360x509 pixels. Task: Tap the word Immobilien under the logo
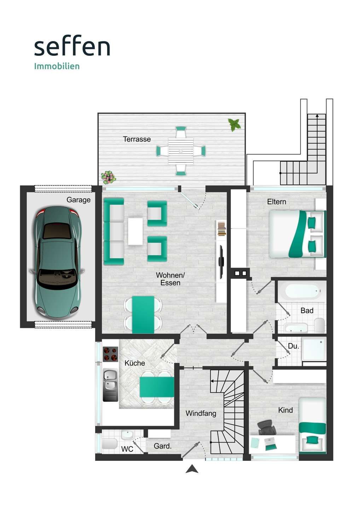57,66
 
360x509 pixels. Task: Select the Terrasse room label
137,139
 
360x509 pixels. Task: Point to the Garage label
79,200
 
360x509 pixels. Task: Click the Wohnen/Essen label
170,279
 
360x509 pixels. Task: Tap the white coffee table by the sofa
135,231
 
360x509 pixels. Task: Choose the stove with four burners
110,354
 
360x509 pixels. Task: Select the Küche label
135,363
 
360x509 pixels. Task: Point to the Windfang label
201,413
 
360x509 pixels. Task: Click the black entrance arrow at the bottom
192,469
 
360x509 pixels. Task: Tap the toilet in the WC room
109,444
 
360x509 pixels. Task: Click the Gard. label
163,446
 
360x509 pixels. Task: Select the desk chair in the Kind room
267,428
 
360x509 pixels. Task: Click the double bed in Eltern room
297,234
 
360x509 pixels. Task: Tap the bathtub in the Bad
303,292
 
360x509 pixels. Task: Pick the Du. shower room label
294,346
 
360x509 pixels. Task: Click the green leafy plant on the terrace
234,124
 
